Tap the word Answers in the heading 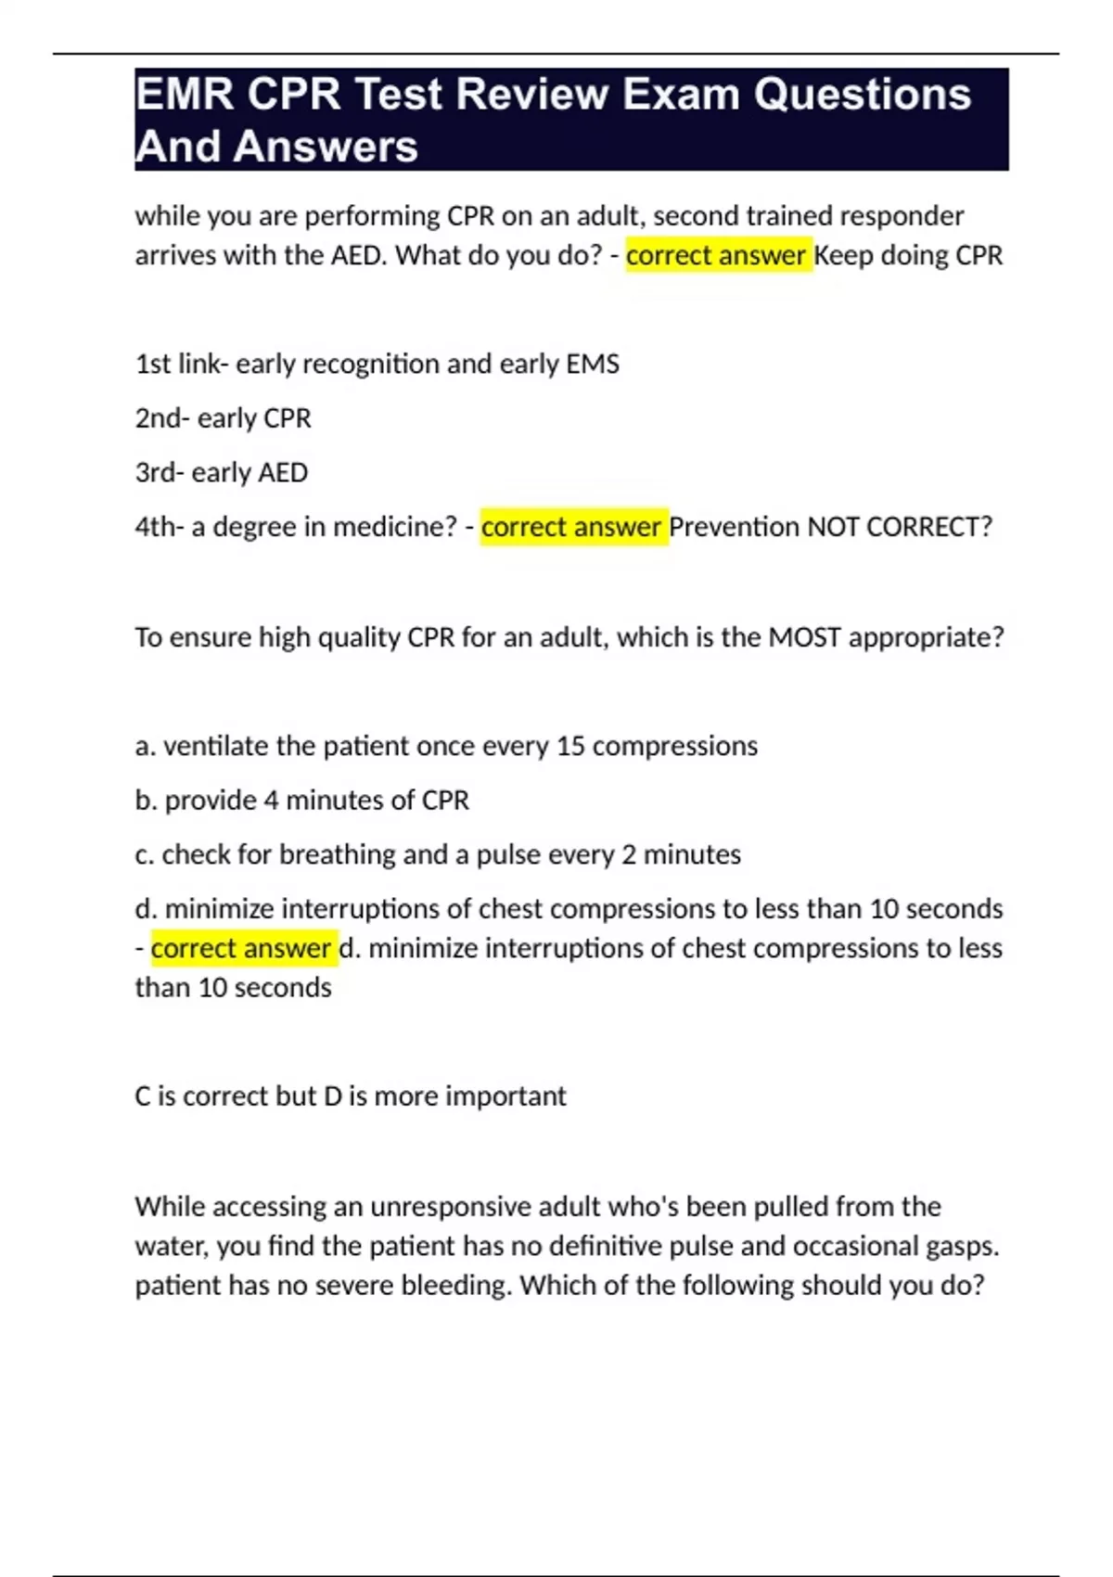coord(326,147)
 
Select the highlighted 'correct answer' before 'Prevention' coord(571,527)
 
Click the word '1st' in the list coord(153,364)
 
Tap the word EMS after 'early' coord(592,364)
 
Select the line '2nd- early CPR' coord(223,418)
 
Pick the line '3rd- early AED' coord(221,472)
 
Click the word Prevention coord(734,527)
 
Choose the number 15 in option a coord(570,746)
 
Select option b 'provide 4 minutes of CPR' coord(301,800)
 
